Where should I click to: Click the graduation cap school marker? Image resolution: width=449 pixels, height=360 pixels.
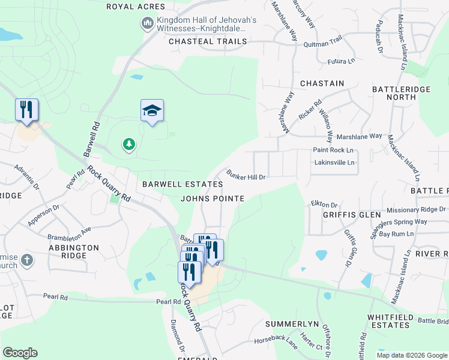tap(152, 110)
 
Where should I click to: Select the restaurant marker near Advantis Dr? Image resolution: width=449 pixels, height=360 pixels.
tap(26, 110)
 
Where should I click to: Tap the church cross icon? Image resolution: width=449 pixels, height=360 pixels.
tap(26, 260)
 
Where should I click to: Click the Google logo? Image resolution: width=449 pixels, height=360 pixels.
tap(20, 353)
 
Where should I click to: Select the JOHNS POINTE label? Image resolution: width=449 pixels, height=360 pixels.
tap(212, 199)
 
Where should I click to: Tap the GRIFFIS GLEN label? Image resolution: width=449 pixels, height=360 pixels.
tap(352, 214)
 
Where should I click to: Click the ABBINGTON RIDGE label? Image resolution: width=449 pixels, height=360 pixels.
tap(74, 251)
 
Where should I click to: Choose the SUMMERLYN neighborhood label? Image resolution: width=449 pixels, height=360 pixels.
tap(291, 324)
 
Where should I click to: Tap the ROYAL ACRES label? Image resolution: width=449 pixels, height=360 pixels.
tap(135, 7)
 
